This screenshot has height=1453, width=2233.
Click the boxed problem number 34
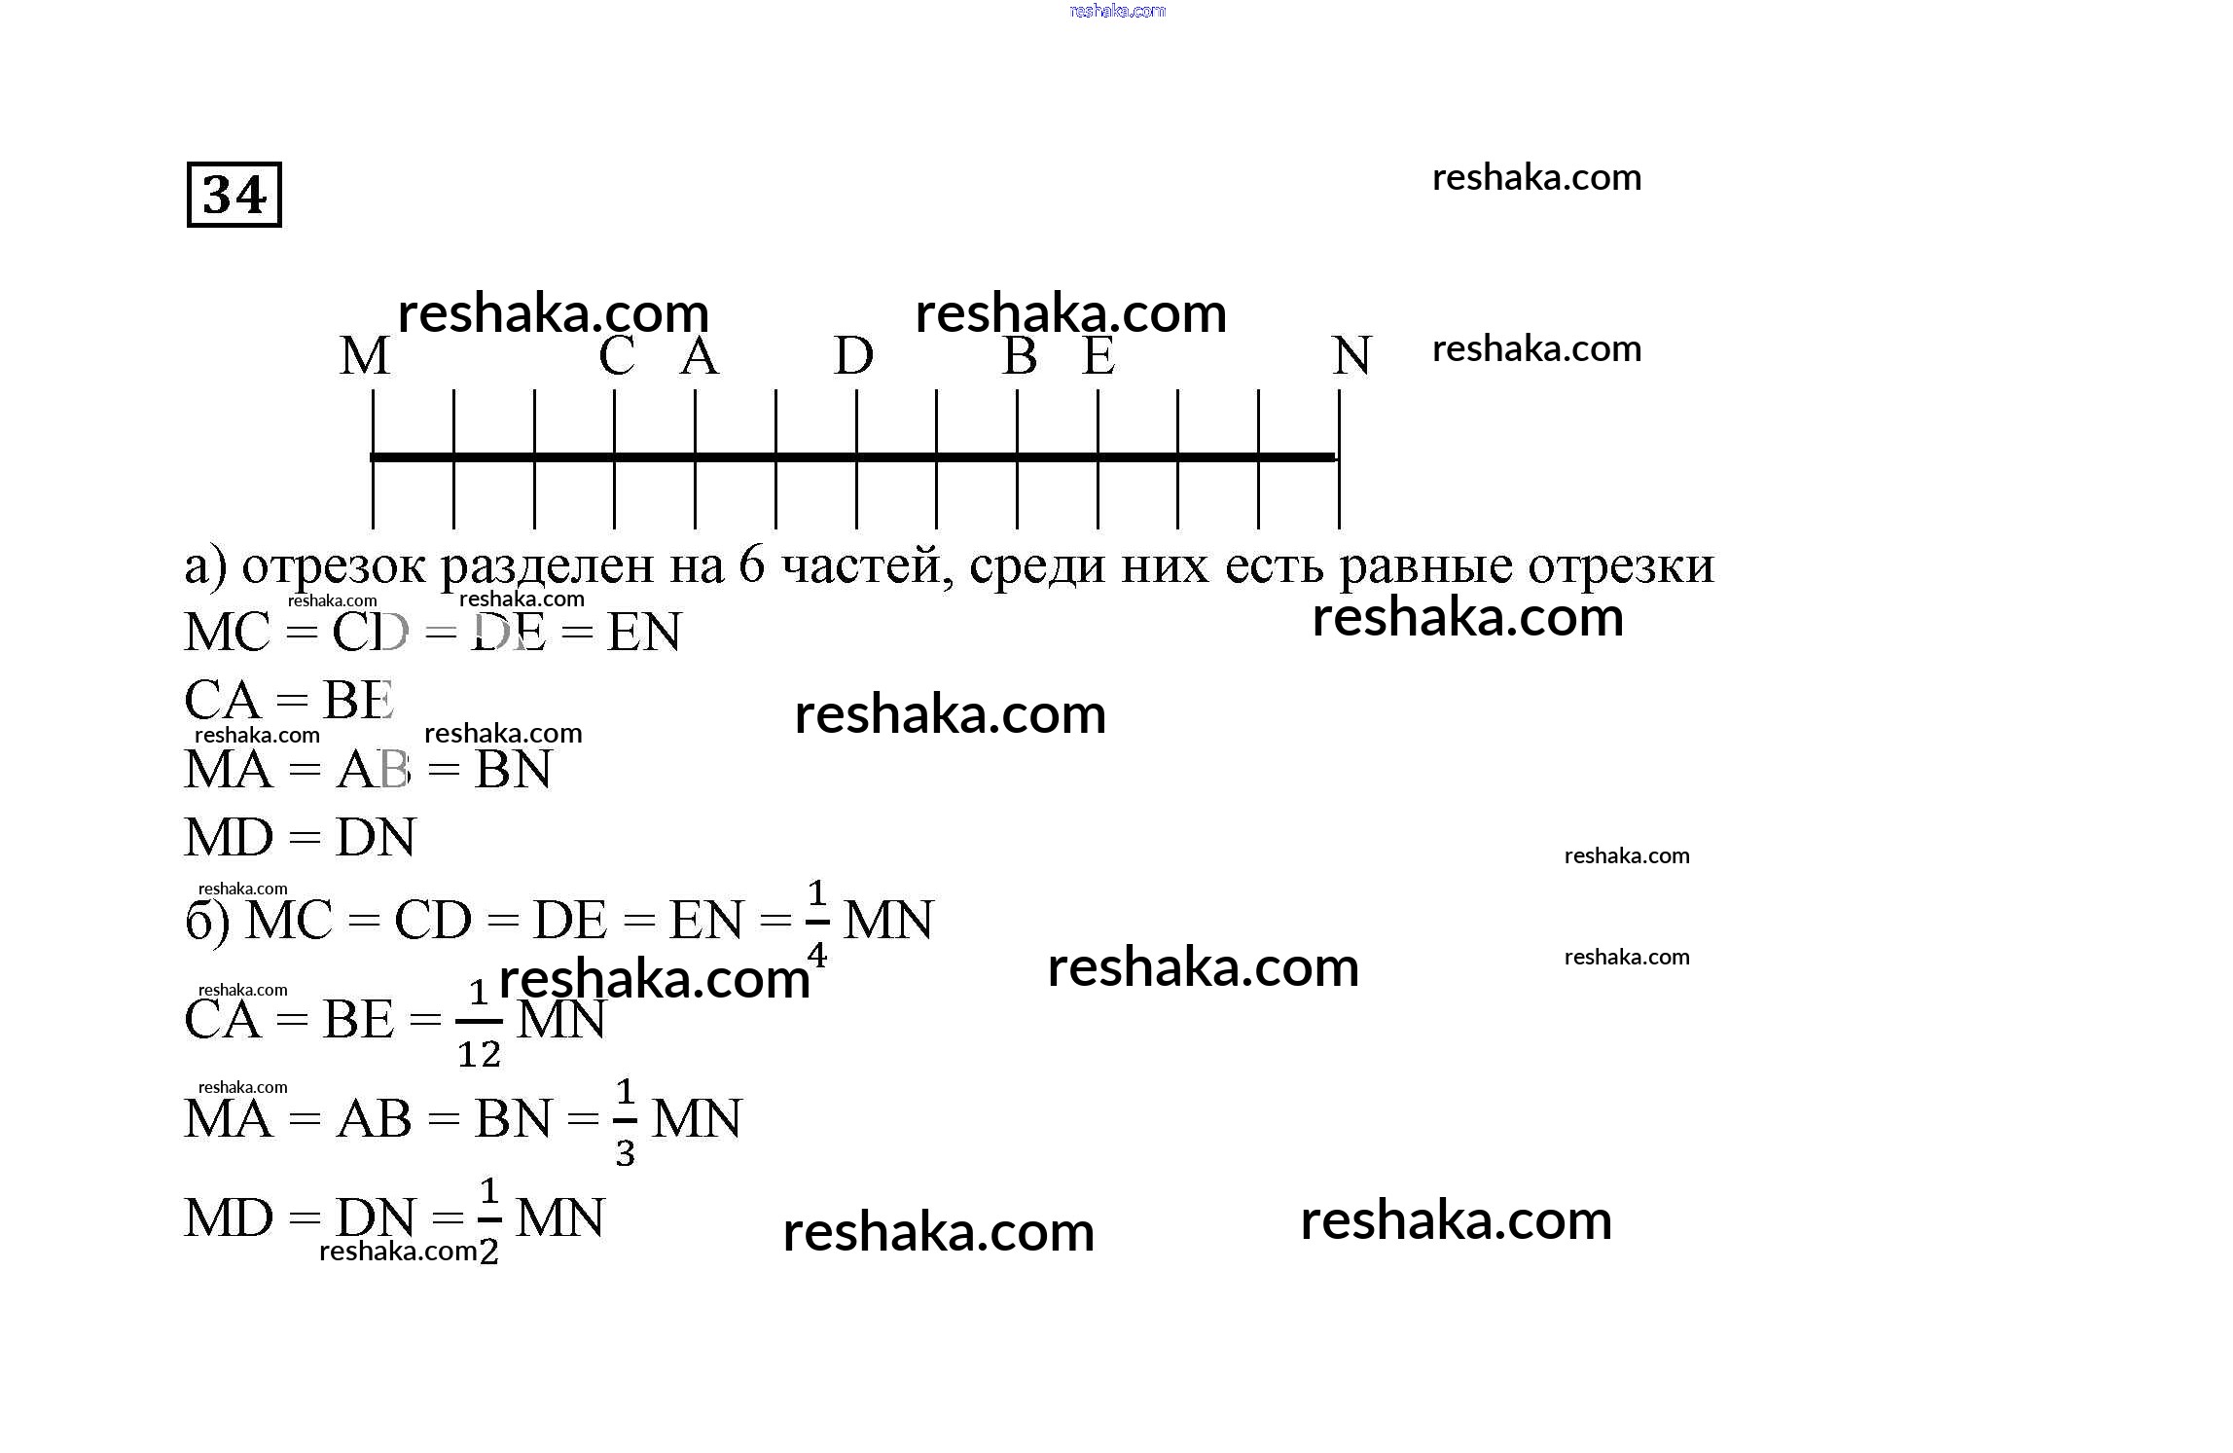pyautogui.click(x=234, y=195)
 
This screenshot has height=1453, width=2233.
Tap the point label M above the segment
pyautogui.click(x=365, y=356)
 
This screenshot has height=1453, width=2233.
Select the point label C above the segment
pyautogui.click(x=617, y=356)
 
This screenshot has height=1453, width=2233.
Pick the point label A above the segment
pyautogui.click(x=699, y=356)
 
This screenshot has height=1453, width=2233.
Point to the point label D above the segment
pyautogui.click(x=853, y=356)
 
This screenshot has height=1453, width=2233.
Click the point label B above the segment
pyautogui.click(x=1019, y=356)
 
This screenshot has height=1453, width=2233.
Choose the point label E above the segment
pyautogui.click(x=1098, y=356)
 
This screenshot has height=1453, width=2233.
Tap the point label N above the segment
pyautogui.click(x=1351, y=356)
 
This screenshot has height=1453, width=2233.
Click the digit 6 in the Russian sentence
pyautogui.click(x=752, y=565)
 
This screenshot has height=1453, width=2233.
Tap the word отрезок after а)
pyautogui.click(x=333, y=567)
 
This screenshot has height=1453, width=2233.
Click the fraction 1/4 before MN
pyautogui.click(x=816, y=923)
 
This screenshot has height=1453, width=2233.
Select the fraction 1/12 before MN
pyautogui.click(x=479, y=1024)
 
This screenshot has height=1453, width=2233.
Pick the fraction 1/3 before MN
pyautogui.click(x=625, y=1122)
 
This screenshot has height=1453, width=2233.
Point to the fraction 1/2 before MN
pyautogui.click(x=488, y=1220)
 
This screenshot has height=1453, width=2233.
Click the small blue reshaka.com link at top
pyautogui.click(x=1117, y=11)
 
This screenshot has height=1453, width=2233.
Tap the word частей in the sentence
pyautogui.click(x=867, y=567)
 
